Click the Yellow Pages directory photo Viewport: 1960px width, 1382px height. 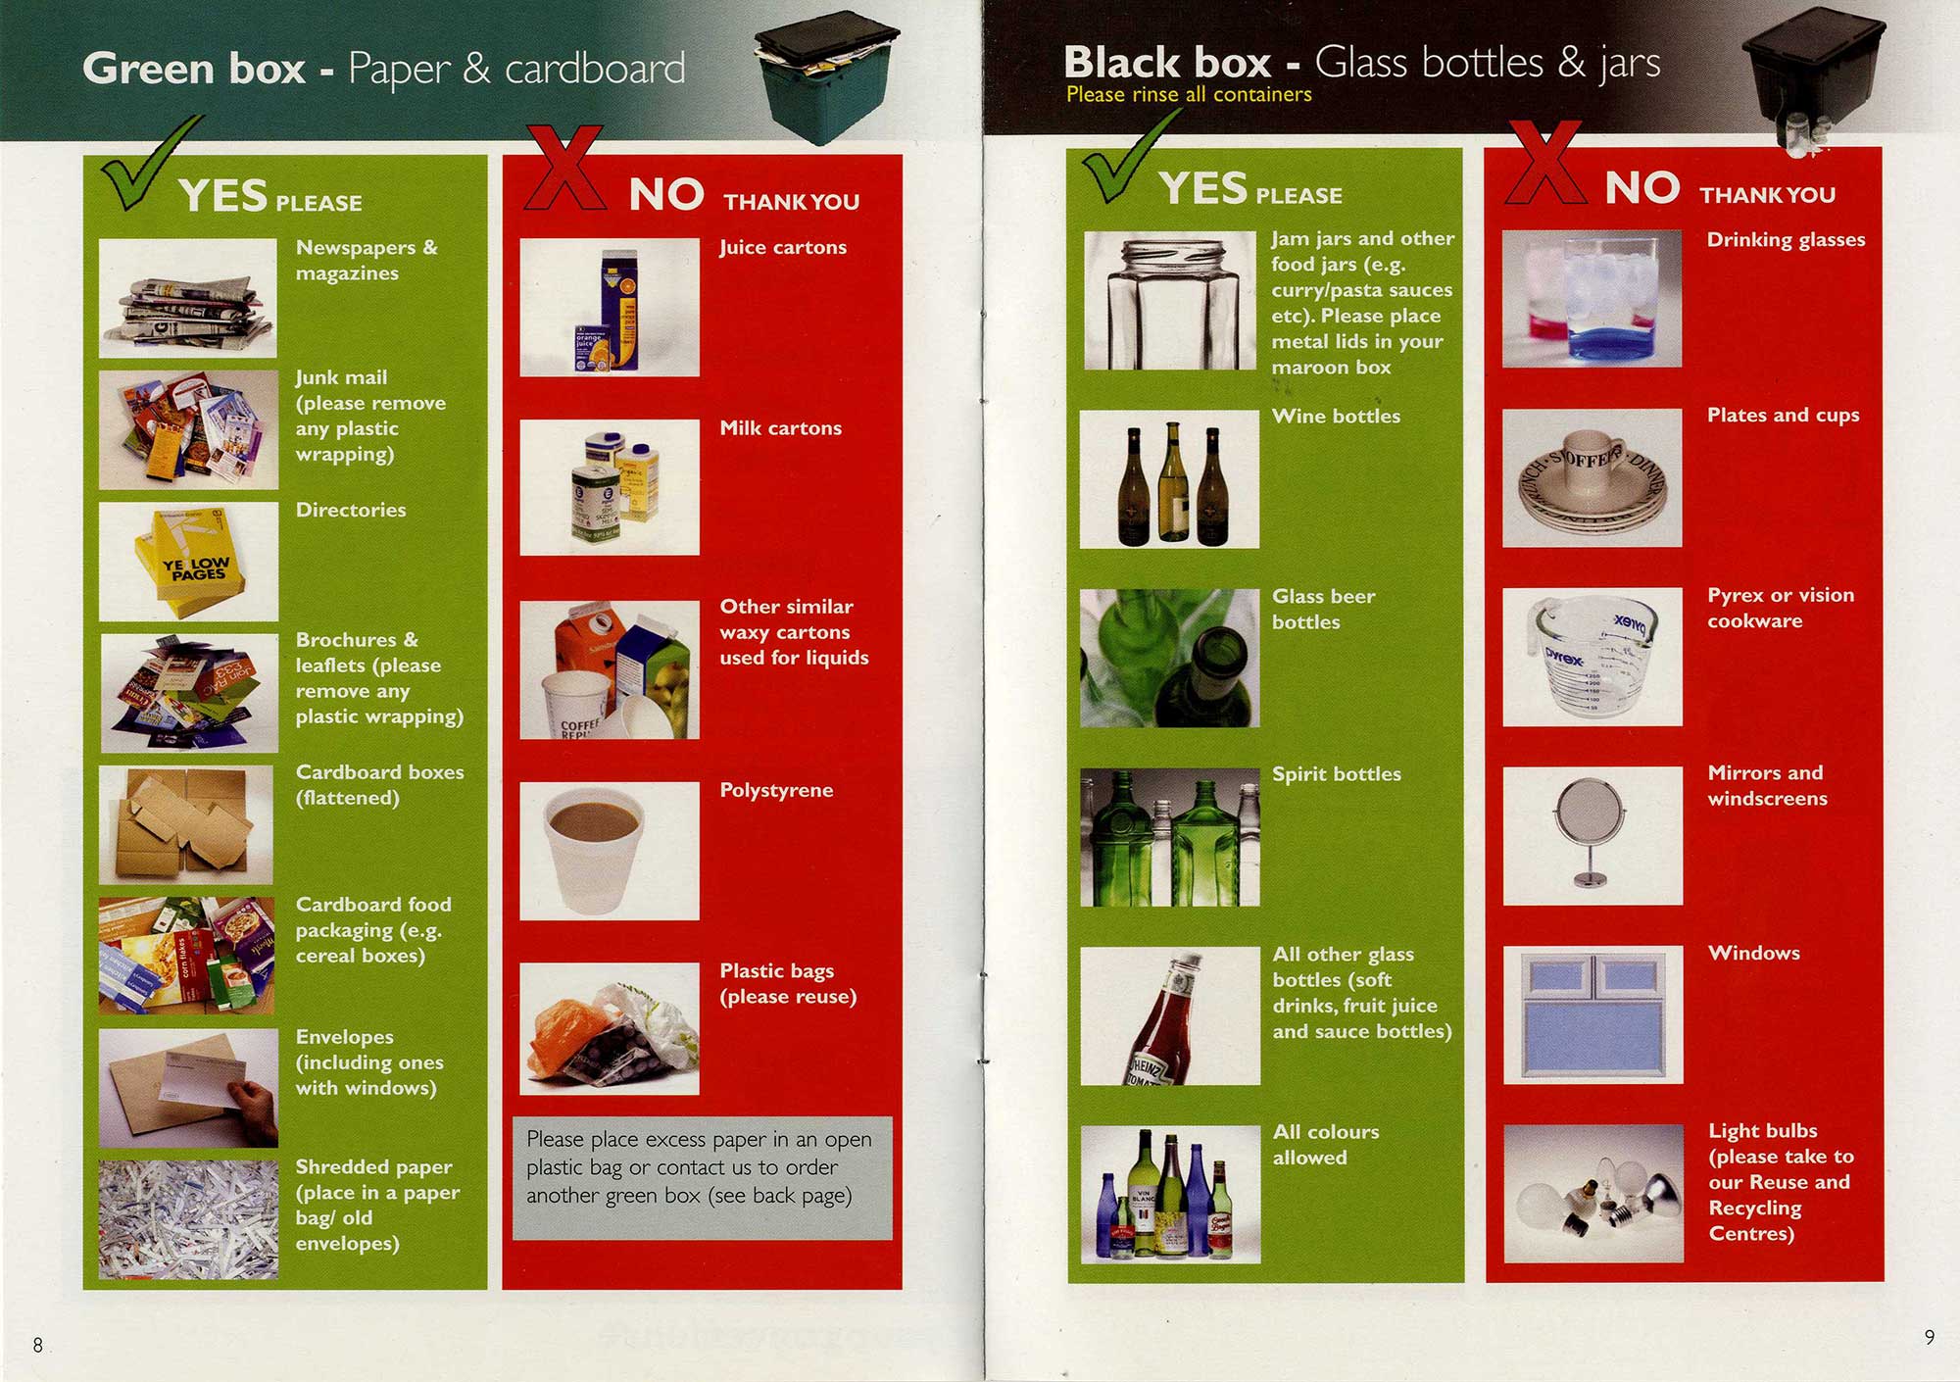pyautogui.click(x=188, y=562)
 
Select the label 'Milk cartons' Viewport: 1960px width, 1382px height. pyautogui.click(x=781, y=428)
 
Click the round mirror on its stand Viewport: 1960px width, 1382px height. pyautogui.click(x=1590, y=832)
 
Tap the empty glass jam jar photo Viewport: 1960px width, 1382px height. pyautogui.click(x=1169, y=301)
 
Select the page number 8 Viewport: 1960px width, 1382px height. pyautogui.click(x=38, y=1345)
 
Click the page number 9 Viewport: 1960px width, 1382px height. pyautogui.click(x=1929, y=1337)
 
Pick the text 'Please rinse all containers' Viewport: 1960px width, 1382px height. pyautogui.click(x=1189, y=94)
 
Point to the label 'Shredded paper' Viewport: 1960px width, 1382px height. pyautogui.click(x=374, y=1166)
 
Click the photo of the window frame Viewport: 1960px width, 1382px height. pyautogui.click(x=1592, y=1014)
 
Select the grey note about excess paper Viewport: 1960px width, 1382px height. pyautogui.click(x=702, y=1178)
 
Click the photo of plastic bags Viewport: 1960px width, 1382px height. pyautogui.click(x=610, y=1028)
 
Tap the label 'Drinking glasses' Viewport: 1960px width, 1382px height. pyautogui.click(x=1786, y=240)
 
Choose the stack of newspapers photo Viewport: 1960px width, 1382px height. pyautogui.click(x=188, y=298)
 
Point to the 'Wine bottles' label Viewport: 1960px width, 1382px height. pyautogui.click(x=1336, y=417)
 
